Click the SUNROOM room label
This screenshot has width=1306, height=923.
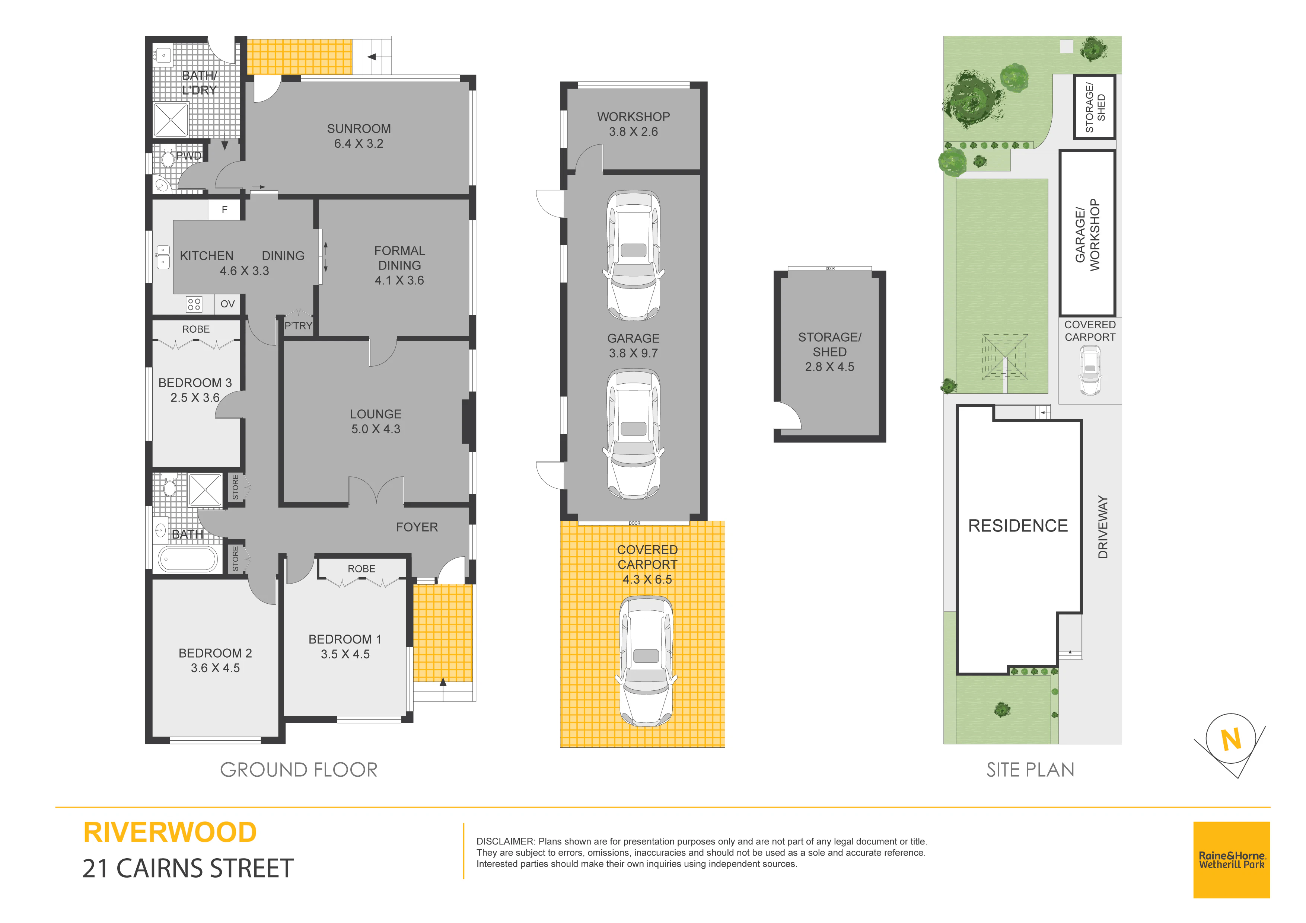click(359, 128)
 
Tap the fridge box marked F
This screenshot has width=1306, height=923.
click(225, 210)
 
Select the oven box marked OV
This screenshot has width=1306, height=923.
click(227, 304)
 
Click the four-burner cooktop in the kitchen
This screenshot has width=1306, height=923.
click(194, 304)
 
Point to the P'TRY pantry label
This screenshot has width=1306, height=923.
click(298, 326)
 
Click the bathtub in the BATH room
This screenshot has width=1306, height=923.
click(187, 559)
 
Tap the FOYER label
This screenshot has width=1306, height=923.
click(417, 527)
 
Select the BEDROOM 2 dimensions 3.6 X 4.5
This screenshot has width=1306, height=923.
click(215, 668)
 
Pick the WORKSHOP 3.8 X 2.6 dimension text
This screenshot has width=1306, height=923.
click(633, 131)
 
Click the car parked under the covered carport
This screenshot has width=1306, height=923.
click(646, 661)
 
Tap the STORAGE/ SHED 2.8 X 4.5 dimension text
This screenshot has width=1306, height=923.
click(829, 367)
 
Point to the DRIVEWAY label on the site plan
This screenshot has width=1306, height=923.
click(1103, 527)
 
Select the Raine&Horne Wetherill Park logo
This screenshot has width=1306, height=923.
click(1232, 860)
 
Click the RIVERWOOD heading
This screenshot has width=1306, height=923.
click(170, 833)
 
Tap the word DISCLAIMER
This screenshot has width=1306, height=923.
click(506, 841)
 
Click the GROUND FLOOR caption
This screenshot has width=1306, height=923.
click(299, 770)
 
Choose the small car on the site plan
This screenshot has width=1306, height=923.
click(1090, 370)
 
